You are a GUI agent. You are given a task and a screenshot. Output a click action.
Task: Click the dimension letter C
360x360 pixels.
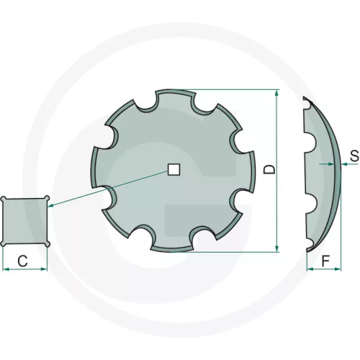(23, 261)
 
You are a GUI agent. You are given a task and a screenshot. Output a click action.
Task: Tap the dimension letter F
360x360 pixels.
(325, 261)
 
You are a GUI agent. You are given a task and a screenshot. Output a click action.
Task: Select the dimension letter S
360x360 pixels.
(354, 156)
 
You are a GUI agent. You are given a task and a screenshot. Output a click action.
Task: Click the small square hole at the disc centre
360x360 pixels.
(174, 170)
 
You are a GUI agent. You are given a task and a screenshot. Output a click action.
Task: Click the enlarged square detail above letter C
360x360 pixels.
(25, 221)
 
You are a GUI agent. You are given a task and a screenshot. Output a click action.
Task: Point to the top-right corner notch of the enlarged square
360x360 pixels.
(47, 198)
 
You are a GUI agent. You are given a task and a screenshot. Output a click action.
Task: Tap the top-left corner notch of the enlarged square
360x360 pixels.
(4, 199)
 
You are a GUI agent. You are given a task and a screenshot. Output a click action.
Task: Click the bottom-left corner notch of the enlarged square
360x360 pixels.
(4, 243)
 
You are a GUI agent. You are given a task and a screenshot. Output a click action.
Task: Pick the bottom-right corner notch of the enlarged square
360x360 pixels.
(48, 243)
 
